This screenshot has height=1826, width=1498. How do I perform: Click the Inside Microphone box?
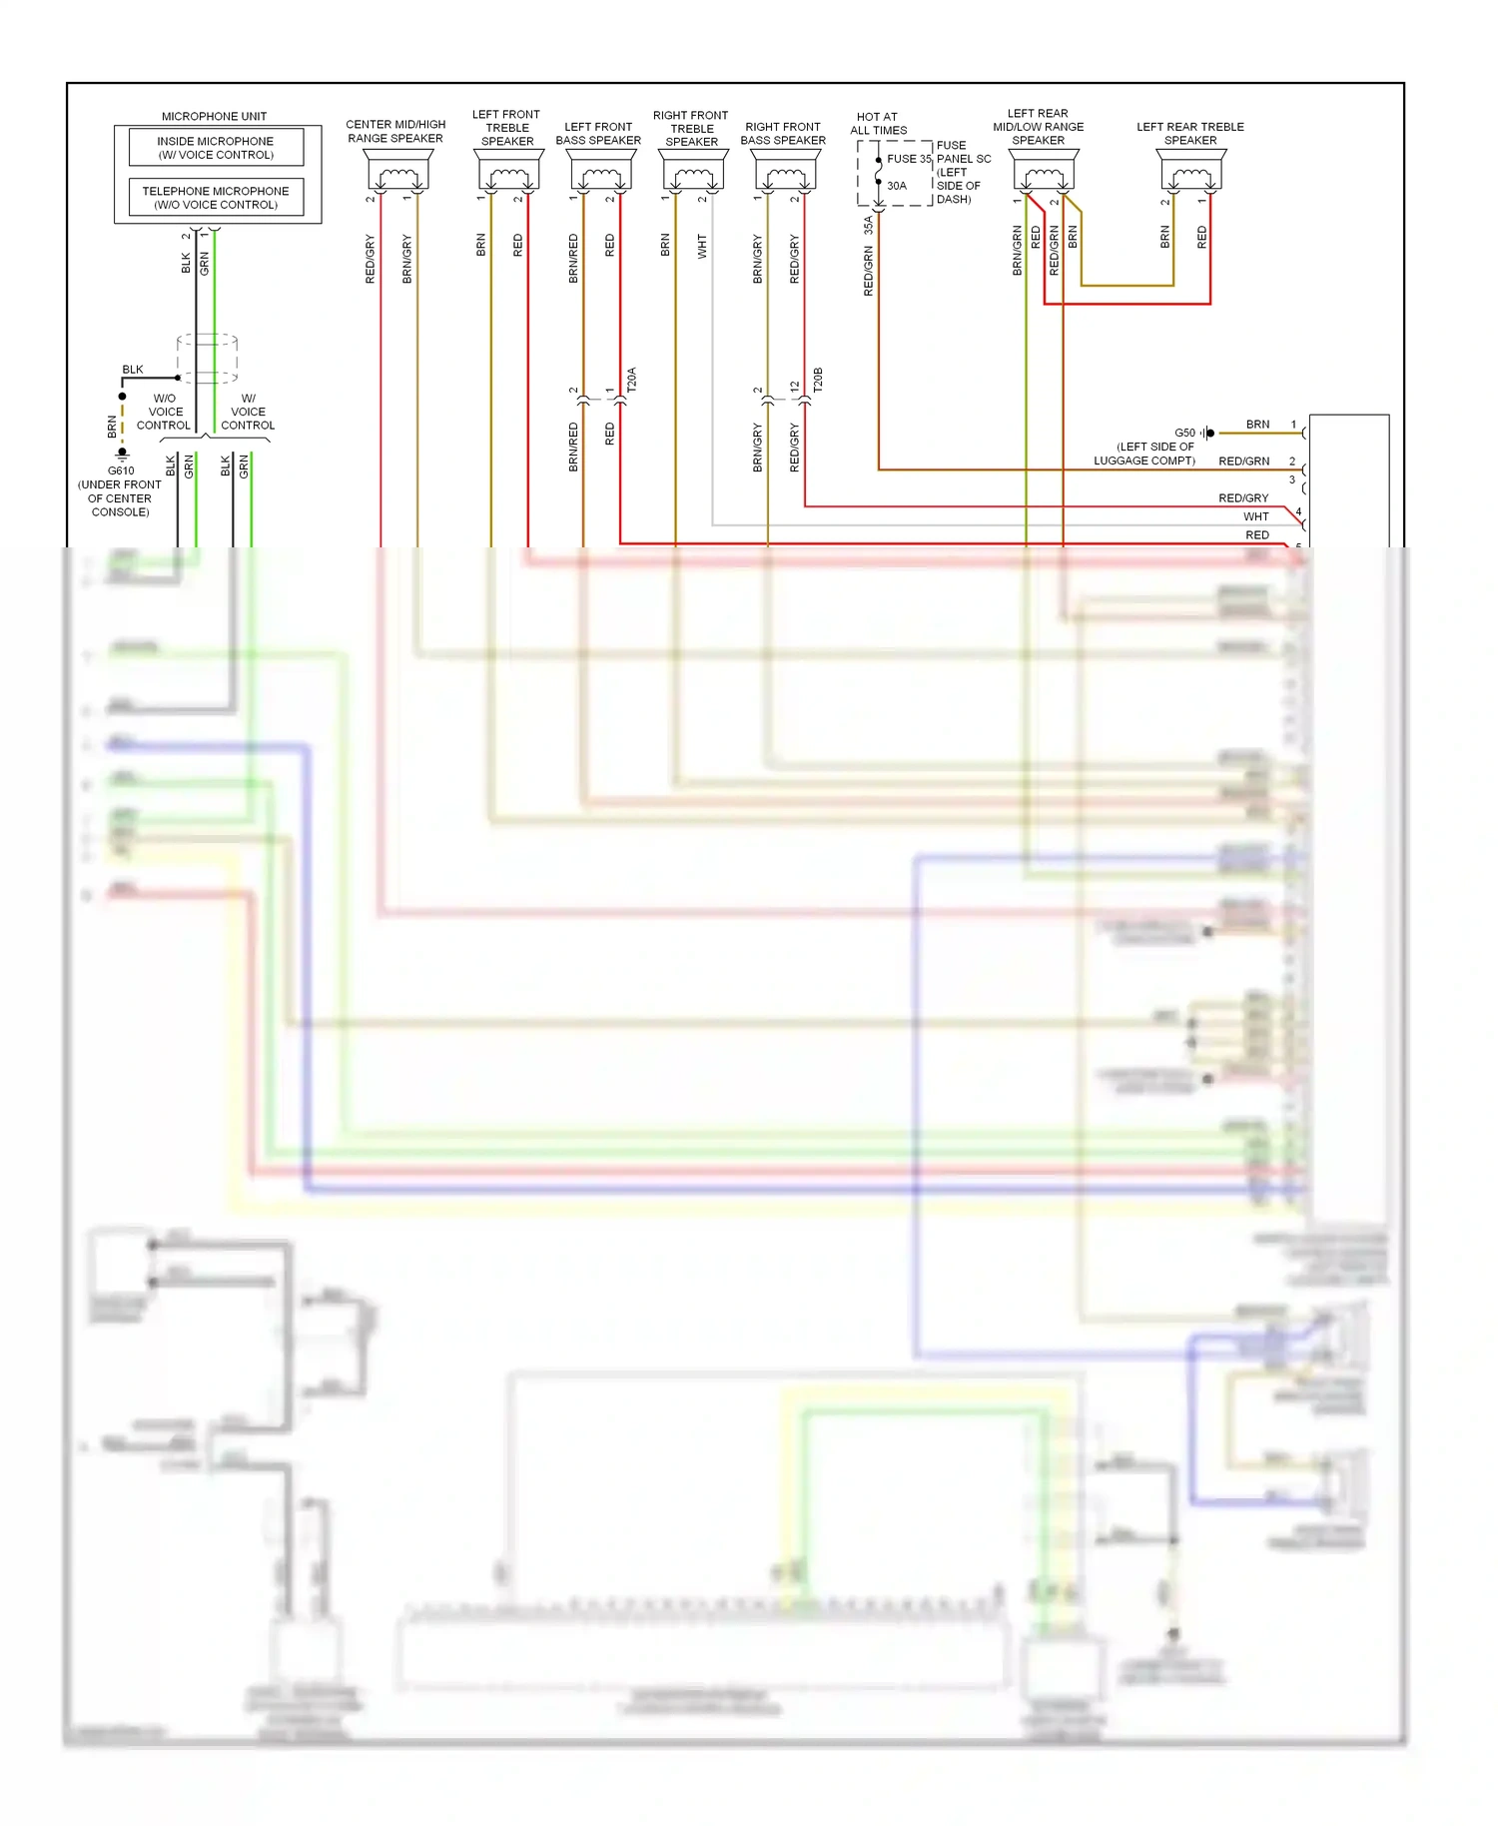216,148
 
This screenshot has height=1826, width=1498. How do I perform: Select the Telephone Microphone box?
216,198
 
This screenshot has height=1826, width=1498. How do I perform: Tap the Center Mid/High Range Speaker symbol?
397,172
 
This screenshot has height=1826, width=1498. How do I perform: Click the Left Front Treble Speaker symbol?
508,172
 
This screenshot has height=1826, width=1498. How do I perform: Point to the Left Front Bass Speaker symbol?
600,172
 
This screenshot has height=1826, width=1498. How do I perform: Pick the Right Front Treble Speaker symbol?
693,172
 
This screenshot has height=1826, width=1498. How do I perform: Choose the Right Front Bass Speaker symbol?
785,172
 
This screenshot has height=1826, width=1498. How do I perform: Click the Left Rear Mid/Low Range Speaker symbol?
1044,172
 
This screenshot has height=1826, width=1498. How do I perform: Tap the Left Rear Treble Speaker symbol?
1191,172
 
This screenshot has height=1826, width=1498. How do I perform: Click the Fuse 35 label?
908,159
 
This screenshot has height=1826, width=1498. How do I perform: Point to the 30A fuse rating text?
897,186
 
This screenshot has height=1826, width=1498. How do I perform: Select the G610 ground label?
121,470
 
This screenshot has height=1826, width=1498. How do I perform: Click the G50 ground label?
1184,434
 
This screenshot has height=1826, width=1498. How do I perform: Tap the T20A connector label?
631,380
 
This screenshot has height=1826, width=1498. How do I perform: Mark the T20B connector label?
818,380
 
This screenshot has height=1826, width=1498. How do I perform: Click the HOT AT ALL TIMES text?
878,124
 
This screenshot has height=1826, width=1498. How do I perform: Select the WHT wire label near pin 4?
1255,516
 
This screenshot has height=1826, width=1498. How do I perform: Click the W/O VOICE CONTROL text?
164,412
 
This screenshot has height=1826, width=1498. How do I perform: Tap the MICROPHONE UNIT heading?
214,116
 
